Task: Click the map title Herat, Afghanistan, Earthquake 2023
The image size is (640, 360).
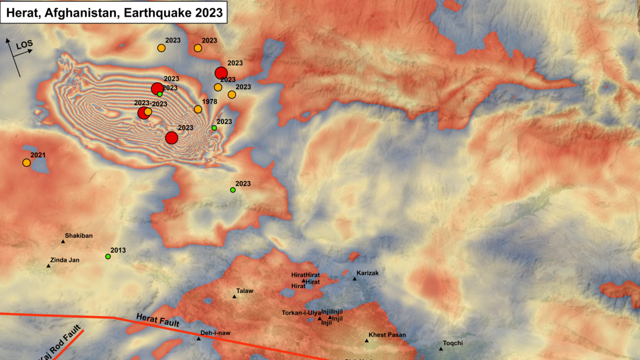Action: [114, 12]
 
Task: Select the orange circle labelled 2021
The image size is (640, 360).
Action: [26, 163]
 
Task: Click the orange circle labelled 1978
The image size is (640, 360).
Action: [198, 109]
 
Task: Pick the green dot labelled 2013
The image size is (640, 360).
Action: [108, 257]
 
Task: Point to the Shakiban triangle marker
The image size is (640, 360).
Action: [63, 242]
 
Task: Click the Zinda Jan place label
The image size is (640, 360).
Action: [65, 260]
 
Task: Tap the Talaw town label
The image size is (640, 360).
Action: [245, 291]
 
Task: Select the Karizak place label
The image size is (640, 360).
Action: [367, 273]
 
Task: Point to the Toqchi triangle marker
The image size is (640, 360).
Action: [441, 349]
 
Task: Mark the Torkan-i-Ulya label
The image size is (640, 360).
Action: [301, 313]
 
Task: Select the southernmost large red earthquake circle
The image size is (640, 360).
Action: [171, 138]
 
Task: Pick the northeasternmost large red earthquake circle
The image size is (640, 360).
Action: [221, 73]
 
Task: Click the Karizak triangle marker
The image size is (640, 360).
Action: [354, 278]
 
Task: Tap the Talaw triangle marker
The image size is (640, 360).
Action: [234, 297]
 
